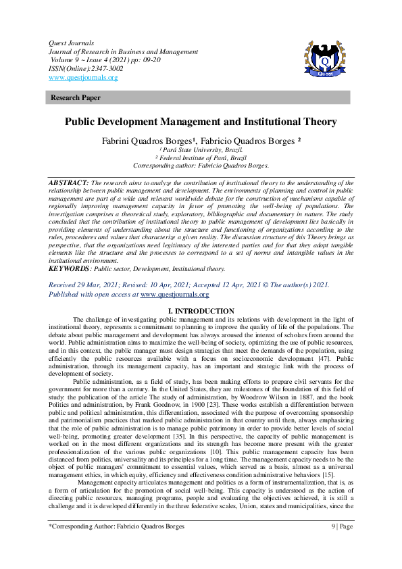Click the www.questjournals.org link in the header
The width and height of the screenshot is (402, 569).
(x=83, y=78)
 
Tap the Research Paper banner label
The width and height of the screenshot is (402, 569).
(x=76, y=98)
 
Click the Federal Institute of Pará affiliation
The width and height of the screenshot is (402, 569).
(x=201, y=158)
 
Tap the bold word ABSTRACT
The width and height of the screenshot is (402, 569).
(x=69, y=183)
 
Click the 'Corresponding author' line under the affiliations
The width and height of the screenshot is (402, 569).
(x=201, y=166)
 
